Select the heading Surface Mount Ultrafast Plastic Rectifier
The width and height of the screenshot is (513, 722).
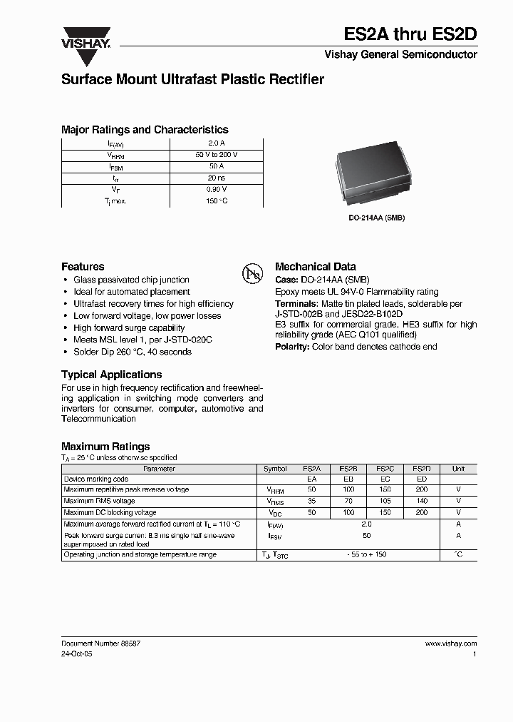click(192, 80)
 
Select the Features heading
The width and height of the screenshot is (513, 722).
click(83, 266)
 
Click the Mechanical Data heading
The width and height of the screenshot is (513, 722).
click(315, 266)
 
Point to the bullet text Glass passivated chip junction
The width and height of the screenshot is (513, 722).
click(131, 280)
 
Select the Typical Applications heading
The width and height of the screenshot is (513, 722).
click(111, 375)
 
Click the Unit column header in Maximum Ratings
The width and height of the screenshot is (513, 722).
click(458, 469)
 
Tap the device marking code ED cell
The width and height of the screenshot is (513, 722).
click(422, 479)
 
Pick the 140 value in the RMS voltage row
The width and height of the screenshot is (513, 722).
click(422, 502)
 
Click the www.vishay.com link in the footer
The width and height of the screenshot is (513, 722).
click(450, 644)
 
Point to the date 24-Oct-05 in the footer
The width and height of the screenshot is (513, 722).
click(77, 654)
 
